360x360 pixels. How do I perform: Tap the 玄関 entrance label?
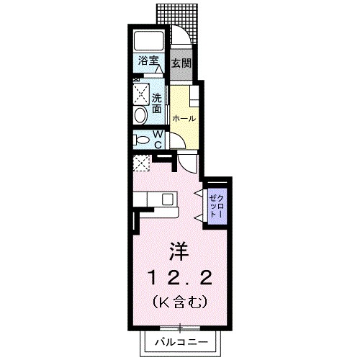(x=181, y=63)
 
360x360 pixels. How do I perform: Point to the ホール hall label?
(x=184, y=117)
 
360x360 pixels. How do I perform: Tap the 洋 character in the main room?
(x=179, y=251)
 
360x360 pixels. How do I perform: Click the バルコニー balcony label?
(x=180, y=341)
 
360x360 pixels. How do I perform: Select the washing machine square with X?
(x=140, y=93)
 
